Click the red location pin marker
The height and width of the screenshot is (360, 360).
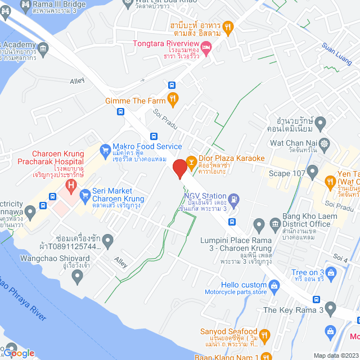click(x=180, y=168)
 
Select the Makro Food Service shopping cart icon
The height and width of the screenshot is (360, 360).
click(x=104, y=150)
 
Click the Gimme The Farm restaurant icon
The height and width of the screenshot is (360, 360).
click(x=173, y=100)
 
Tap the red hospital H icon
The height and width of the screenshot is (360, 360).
click(x=71, y=184)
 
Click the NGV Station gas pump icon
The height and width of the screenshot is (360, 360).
click(x=234, y=198)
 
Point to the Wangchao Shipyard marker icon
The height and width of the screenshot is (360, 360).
click(x=78, y=275)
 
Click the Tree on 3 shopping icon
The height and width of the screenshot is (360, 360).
click(x=331, y=274)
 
